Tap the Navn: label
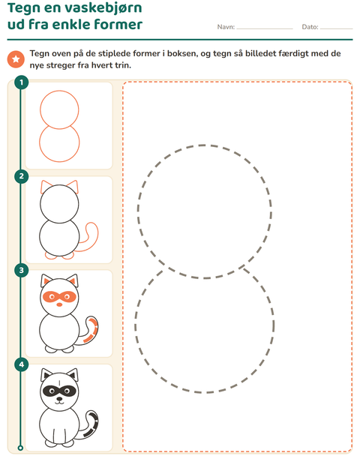coord(226,27)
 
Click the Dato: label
coord(310,27)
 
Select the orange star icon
coord(16,59)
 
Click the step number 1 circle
coord(21,82)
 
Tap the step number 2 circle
coord(21,176)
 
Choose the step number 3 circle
coord(21,270)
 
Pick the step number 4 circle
coord(21,364)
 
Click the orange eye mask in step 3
coord(59,296)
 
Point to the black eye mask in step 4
coord(59,391)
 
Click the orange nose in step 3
coord(59,304)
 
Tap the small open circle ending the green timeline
coord(20,448)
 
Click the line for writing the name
coord(265,28)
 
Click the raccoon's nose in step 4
coord(59,399)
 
